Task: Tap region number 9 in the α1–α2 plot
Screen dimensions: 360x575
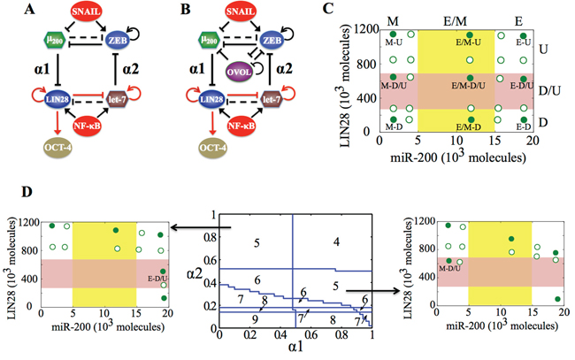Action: pyautogui.click(x=256, y=318)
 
